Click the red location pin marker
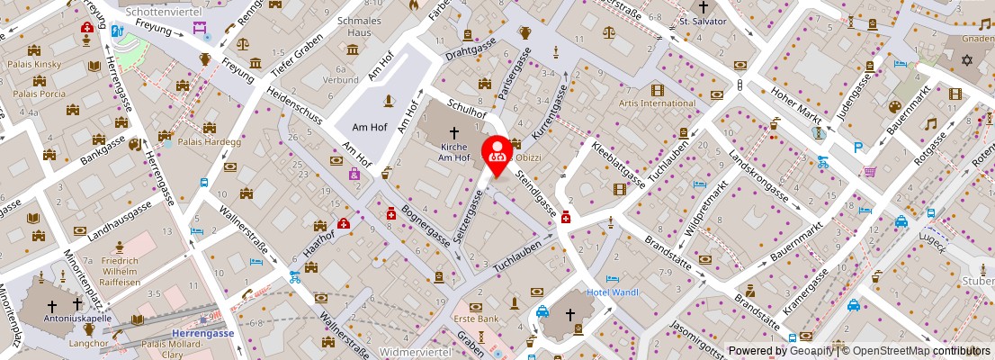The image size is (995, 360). (x=497, y=153)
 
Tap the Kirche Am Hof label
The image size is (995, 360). (x=454, y=152)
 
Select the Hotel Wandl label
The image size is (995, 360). (x=612, y=292)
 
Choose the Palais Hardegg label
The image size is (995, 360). (x=210, y=141)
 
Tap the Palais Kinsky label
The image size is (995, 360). (x=32, y=65)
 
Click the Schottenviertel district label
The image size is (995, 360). (x=162, y=13)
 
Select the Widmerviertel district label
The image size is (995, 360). (x=416, y=351)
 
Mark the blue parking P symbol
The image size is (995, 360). (x=859, y=148)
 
